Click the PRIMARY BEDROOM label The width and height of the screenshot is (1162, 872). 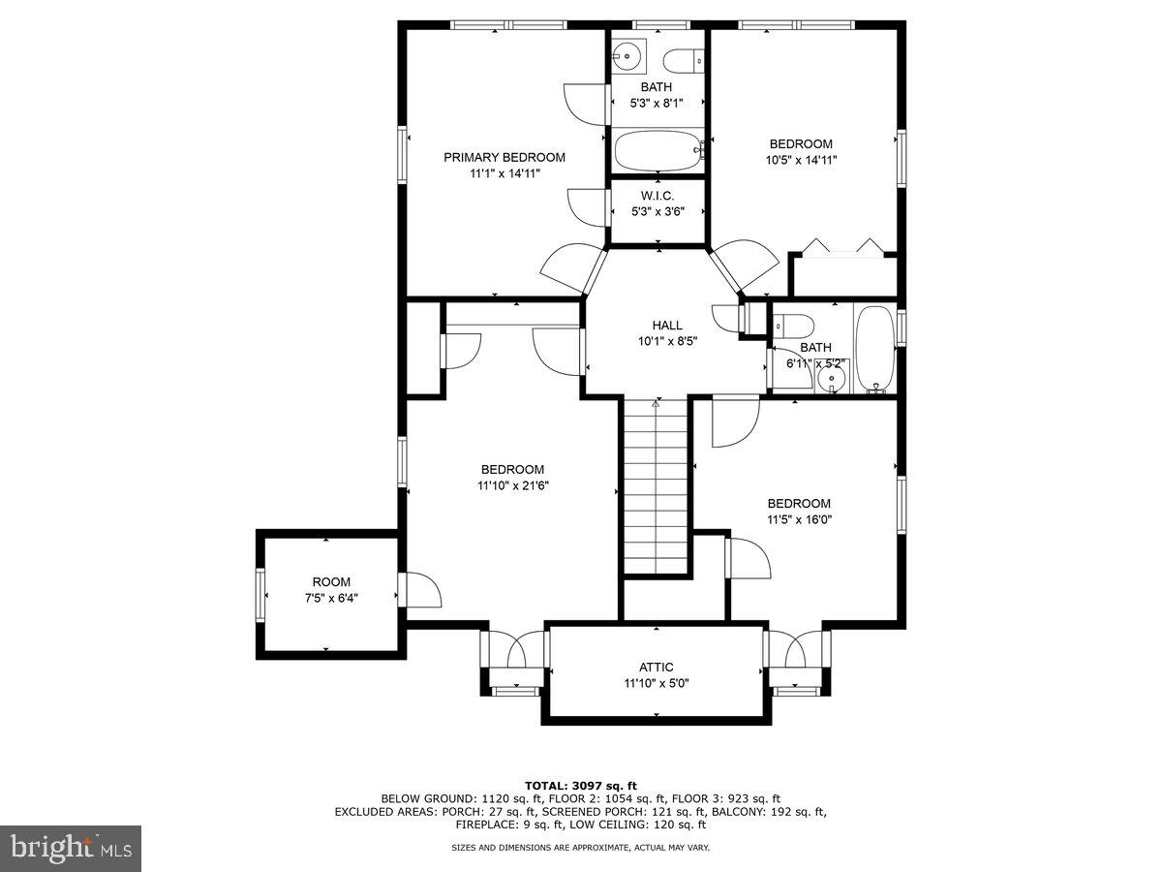click(504, 157)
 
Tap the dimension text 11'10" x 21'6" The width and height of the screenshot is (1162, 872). click(512, 485)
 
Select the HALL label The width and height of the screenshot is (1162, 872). click(666, 326)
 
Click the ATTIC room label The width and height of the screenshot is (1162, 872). click(656, 667)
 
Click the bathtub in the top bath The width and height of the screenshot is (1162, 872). click(657, 152)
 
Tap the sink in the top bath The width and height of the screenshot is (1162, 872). click(629, 56)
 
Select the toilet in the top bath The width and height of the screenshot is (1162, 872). click(688, 59)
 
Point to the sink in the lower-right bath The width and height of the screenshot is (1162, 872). click(830, 379)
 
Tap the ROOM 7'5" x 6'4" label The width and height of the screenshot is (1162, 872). click(331, 582)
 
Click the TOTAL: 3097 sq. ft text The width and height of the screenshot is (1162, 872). click(581, 786)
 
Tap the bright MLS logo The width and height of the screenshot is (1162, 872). click(71, 849)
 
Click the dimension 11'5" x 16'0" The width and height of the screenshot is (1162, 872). click(799, 519)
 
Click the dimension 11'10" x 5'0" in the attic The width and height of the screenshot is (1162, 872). click(656, 683)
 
